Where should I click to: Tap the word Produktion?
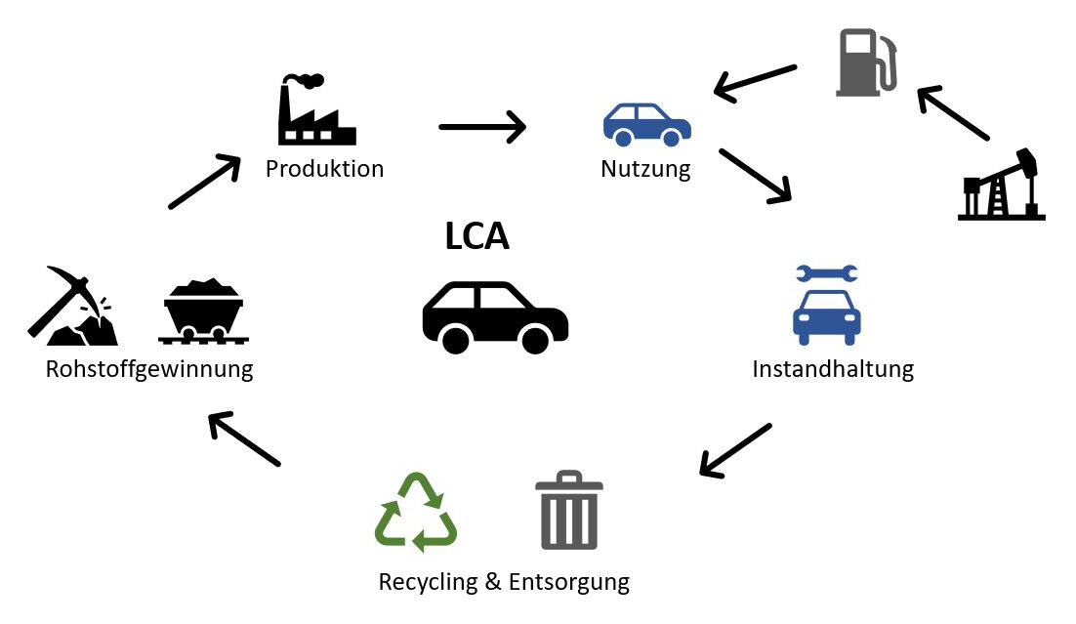coord(324,169)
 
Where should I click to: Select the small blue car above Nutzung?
coord(646,124)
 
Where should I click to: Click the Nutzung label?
coord(645,169)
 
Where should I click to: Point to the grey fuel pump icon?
coord(866,63)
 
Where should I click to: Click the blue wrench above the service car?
coord(826,274)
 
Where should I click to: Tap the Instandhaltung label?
coord(833,369)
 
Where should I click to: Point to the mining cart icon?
coord(203,312)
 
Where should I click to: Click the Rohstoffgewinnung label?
coord(149,370)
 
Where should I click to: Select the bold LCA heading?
coord(477,235)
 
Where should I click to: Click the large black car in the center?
coord(495,317)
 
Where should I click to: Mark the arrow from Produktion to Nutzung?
coord(482,127)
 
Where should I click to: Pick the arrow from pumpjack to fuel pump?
coord(954,113)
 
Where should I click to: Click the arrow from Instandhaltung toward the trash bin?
coord(736,450)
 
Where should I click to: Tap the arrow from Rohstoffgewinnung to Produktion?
coord(204,182)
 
